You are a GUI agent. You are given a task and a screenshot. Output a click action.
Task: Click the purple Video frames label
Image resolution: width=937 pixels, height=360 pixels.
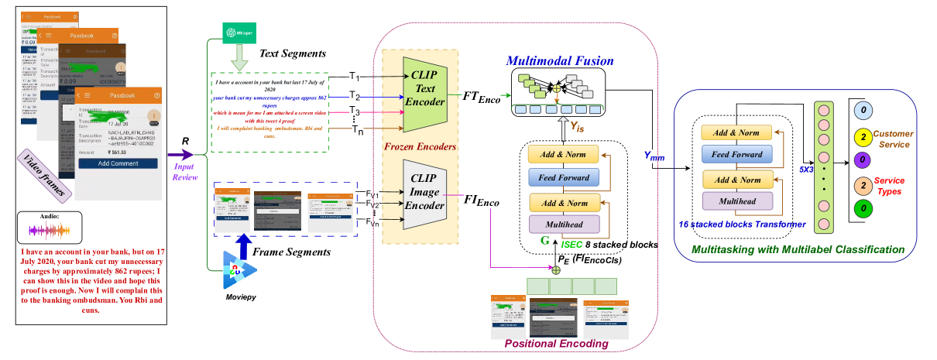[x=50, y=174]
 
